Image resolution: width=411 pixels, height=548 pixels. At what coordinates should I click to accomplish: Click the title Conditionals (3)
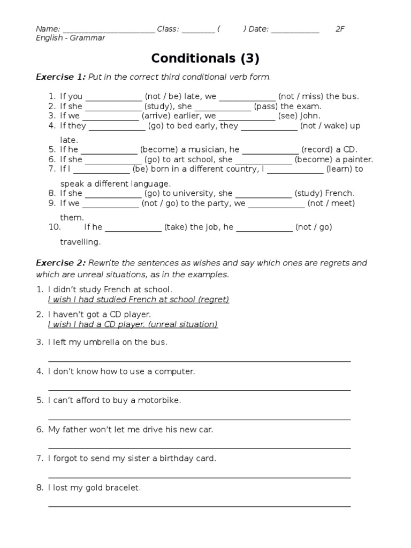pos(205,58)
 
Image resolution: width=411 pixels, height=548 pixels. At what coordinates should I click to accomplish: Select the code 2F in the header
pos(340,29)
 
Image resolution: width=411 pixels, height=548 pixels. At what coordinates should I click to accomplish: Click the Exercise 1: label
pos(60,77)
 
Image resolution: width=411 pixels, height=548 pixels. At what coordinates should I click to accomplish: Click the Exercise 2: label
pos(60,263)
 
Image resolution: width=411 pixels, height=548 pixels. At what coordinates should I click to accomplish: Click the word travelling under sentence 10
pos(80,242)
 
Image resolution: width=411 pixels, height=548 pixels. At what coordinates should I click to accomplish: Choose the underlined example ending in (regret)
pos(138,300)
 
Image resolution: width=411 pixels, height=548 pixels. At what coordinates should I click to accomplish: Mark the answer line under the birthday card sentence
pos(199,477)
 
